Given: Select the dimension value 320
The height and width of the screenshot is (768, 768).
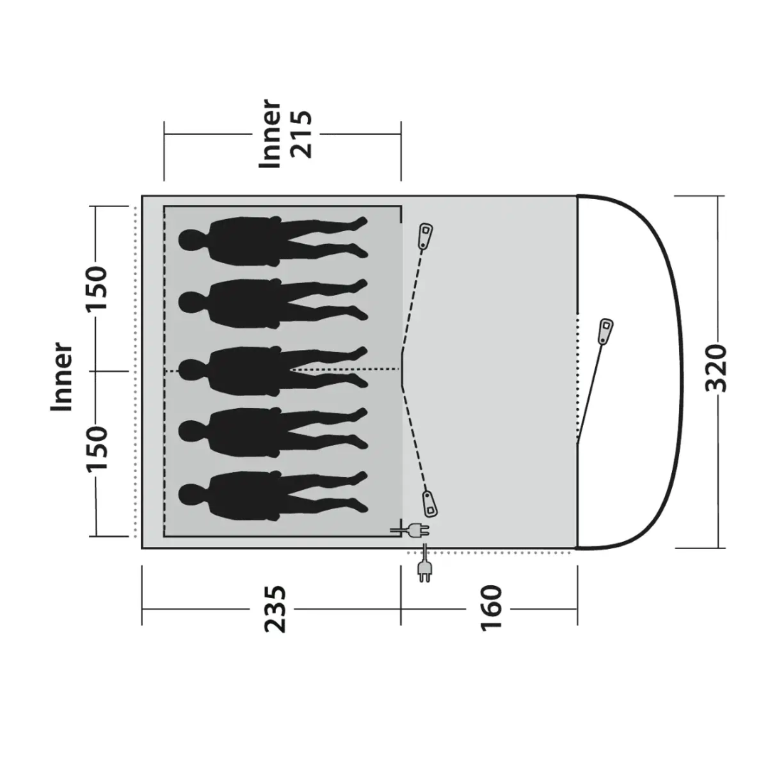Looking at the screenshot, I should coord(719,368).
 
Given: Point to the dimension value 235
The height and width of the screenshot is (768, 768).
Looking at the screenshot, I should coord(276,609).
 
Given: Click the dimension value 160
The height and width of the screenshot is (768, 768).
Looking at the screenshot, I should coord(491,609).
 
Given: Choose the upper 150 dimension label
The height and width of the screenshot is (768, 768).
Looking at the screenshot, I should coord(97,288).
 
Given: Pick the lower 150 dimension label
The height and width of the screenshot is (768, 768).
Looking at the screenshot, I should coord(97,449).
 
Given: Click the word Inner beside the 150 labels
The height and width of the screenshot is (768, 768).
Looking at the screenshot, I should coord(63,377).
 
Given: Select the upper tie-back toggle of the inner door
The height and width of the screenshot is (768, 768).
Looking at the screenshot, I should coord(425,235).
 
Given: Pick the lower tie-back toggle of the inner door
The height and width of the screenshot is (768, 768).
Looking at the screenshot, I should coord(430,503).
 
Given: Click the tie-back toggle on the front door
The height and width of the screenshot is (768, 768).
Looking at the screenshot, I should coord(606,331).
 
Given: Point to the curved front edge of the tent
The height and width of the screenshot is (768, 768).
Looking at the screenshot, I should coord(679,370).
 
